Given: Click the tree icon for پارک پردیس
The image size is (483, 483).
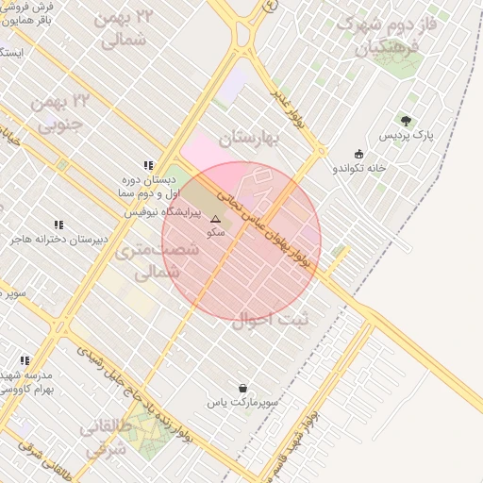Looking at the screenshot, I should coord(406,121).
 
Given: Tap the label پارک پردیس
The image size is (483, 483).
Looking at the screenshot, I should coord(406,137).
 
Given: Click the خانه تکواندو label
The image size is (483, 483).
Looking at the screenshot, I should coord(358,168).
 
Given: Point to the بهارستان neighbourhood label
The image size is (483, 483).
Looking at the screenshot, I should coord(251,139).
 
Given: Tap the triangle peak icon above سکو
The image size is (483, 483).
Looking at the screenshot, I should coord(215,219).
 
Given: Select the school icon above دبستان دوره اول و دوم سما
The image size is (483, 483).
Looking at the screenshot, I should coord(147,164).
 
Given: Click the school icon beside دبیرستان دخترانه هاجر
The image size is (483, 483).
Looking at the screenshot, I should coord(58,225).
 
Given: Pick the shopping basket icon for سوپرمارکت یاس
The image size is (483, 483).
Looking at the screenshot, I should coord(243,388).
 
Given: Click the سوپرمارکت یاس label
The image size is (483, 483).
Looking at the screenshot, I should coord(243,402).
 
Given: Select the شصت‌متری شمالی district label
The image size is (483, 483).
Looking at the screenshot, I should coord(168,261).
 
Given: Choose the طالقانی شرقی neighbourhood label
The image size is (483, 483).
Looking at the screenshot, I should coord(104,440).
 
